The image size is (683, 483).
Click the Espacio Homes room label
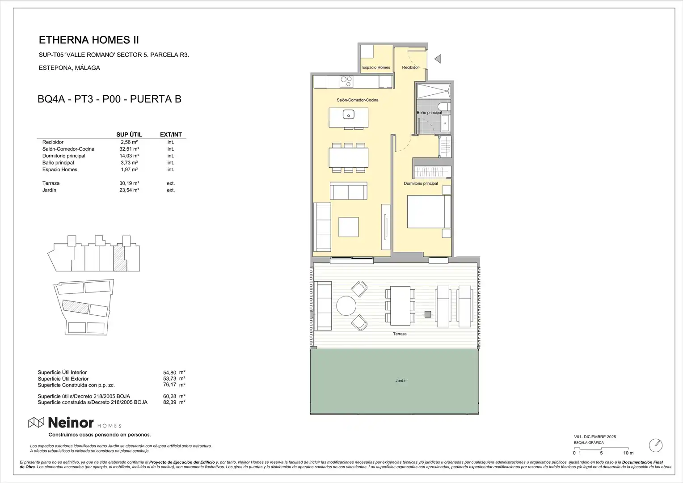(x=376, y=68)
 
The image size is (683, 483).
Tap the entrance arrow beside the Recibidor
(x=438, y=59)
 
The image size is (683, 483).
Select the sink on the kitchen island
(x=348, y=114)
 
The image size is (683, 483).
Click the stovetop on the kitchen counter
(x=346, y=81)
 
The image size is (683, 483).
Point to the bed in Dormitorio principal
(x=429, y=212)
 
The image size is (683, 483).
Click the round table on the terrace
(x=346, y=305)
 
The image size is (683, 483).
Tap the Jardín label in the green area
(x=401, y=381)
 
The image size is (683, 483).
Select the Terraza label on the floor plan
(x=400, y=334)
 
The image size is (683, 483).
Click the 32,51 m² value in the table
(x=129, y=149)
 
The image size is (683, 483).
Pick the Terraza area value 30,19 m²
(x=129, y=183)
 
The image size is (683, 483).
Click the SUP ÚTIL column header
(x=129, y=135)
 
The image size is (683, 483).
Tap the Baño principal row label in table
(x=58, y=163)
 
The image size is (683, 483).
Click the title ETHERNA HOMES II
(x=89, y=40)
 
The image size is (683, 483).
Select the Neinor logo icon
(x=36, y=423)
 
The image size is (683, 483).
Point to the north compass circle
(x=656, y=445)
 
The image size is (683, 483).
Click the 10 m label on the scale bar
(x=628, y=453)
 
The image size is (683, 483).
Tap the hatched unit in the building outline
(x=119, y=258)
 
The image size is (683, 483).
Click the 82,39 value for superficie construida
(x=169, y=402)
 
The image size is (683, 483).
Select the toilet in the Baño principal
(x=444, y=107)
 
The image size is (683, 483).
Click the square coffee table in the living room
(x=349, y=227)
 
